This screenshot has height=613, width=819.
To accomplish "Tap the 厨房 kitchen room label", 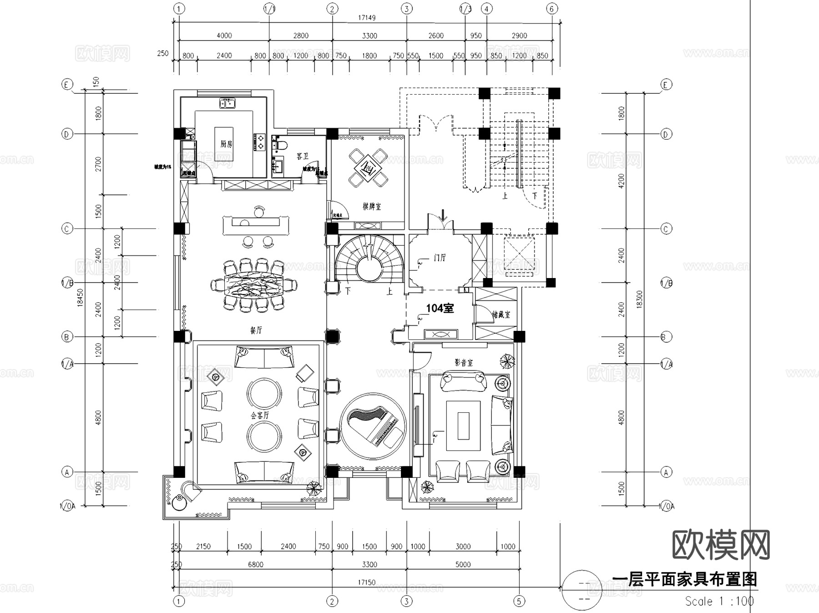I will (x=226, y=144).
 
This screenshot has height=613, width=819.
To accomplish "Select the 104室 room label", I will (x=440, y=308).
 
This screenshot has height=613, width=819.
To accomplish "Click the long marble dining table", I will (x=254, y=285).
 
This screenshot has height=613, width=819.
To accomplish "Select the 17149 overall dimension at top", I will (x=367, y=18).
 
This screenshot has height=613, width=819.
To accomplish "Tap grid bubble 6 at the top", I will (x=552, y=9).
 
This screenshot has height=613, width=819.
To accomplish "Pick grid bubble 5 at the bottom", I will (x=520, y=601).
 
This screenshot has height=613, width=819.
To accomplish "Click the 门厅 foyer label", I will (x=440, y=258).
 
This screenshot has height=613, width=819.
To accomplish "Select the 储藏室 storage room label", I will (x=501, y=314).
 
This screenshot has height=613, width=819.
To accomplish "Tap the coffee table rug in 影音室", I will (x=463, y=426).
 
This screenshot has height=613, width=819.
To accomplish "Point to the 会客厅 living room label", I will (x=260, y=415).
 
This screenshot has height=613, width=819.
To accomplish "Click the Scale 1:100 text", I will (x=719, y=601).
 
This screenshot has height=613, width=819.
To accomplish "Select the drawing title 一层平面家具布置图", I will (x=684, y=579).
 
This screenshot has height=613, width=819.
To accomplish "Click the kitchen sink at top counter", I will (x=227, y=103).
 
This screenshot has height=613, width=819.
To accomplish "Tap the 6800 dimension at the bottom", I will (x=256, y=564).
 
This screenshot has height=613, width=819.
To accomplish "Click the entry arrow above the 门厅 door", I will (x=444, y=213).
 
